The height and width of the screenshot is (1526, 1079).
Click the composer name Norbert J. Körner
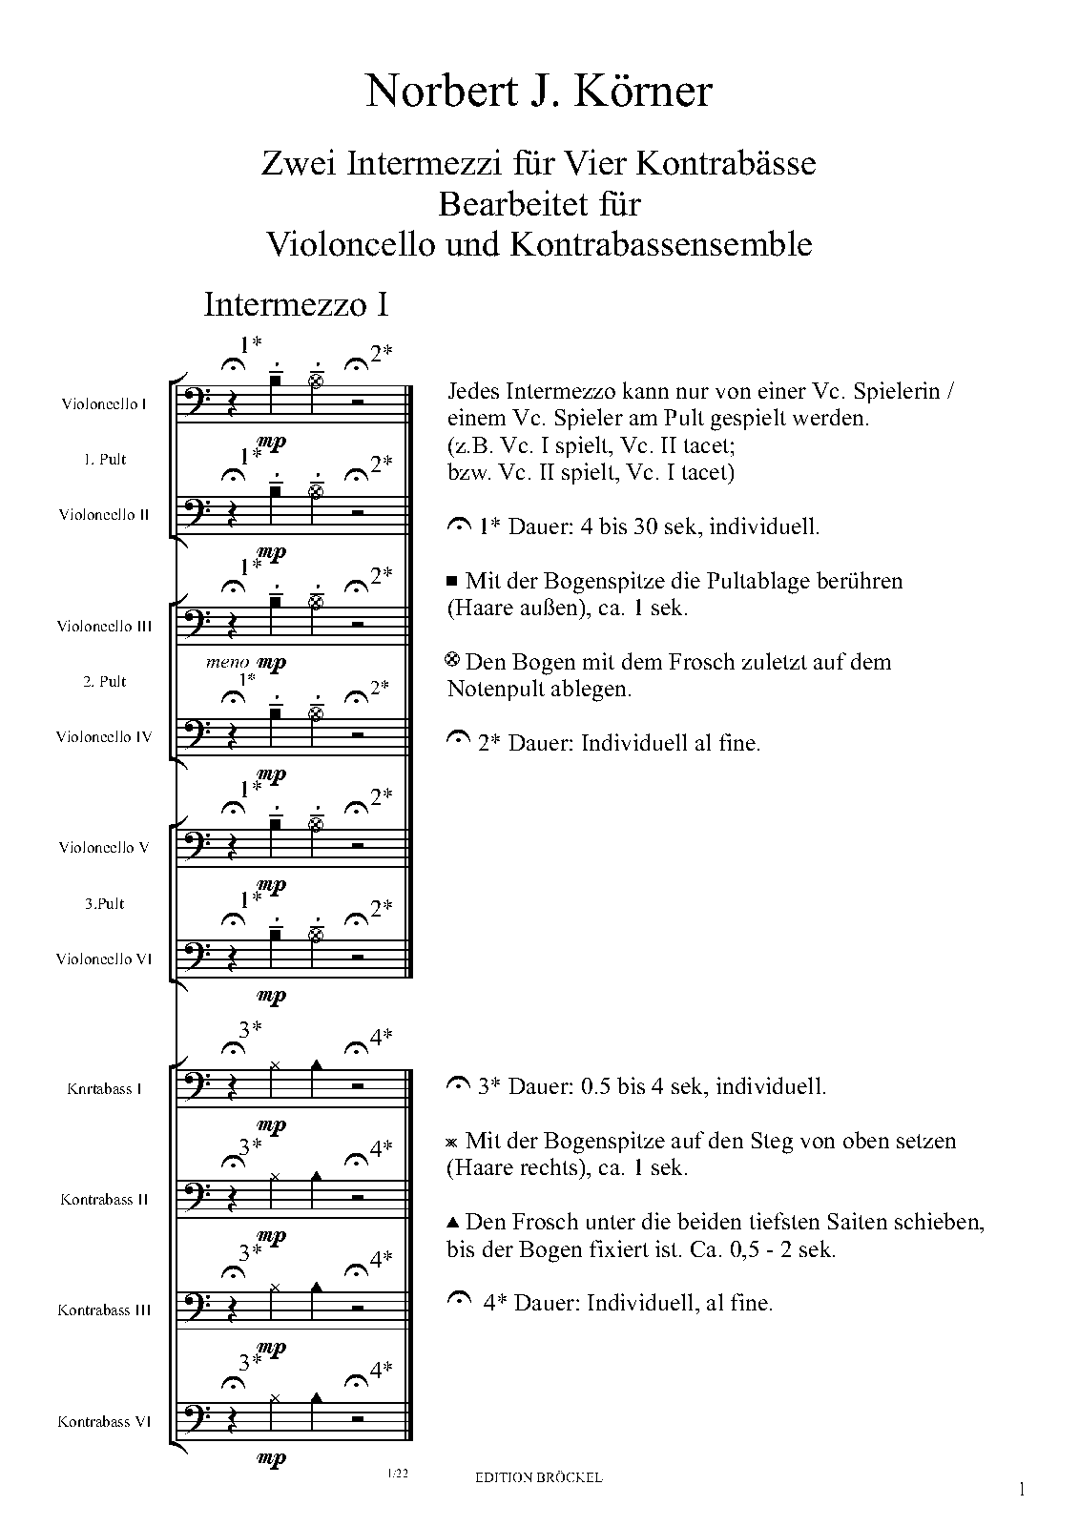(539, 93)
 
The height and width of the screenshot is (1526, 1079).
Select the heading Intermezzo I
(296, 304)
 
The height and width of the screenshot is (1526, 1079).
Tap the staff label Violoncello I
(104, 403)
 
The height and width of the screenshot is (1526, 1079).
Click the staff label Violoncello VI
(104, 959)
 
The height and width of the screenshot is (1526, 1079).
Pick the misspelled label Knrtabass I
(105, 1088)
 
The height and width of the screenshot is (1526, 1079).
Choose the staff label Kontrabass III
(104, 1309)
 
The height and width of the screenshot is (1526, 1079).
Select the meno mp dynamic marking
(246, 662)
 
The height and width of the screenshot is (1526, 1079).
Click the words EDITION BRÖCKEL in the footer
(538, 1477)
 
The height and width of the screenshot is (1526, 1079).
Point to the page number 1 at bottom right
(1022, 1489)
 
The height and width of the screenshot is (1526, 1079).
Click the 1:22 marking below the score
(398, 1474)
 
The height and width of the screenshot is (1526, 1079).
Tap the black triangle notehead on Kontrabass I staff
(317, 1064)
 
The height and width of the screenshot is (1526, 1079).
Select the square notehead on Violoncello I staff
(275, 381)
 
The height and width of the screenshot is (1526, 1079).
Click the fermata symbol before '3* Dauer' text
(459, 1084)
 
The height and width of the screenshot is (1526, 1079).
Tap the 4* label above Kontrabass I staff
(381, 1038)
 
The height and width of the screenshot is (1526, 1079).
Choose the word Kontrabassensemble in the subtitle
(661, 244)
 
